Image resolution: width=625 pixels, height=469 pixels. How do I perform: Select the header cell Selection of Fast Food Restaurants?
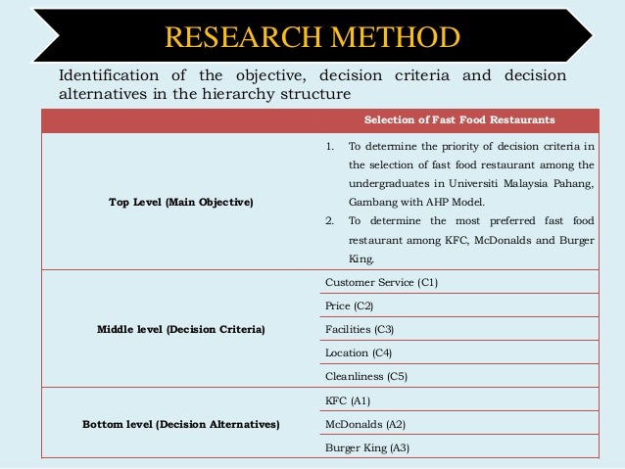point(459,119)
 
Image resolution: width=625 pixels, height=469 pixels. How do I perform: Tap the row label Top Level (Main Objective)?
point(181,202)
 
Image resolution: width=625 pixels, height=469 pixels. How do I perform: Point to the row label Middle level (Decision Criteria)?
point(181,329)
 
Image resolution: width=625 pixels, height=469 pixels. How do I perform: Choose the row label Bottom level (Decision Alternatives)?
point(181,424)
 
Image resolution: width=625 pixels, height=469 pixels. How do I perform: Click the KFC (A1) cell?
point(347,400)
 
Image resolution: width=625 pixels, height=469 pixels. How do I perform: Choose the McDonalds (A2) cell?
point(365,424)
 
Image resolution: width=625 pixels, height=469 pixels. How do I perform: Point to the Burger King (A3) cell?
point(367,447)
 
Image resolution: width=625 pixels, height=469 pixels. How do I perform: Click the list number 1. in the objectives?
point(330,147)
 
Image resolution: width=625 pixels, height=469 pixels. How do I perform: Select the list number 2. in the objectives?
point(330,218)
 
